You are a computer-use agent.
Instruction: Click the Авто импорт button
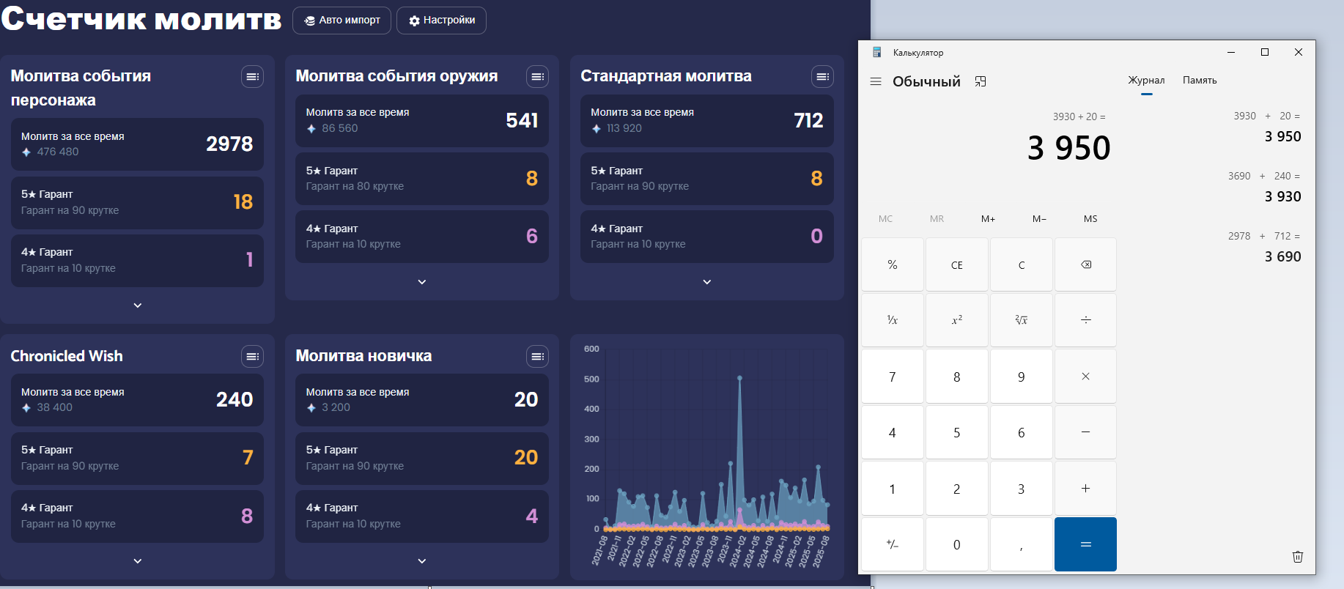pos(341,21)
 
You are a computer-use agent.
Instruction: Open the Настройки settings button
pos(441,21)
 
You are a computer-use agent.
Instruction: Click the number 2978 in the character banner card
pos(229,144)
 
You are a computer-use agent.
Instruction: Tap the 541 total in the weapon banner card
pos(522,120)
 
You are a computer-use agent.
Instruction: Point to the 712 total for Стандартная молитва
pos(808,120)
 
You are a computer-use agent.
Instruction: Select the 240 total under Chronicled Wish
pos(235,400)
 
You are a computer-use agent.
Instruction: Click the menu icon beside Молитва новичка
pos(537,357)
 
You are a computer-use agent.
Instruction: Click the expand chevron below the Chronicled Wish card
pos(138,561)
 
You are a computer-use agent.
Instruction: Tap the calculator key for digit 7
pos(892,377)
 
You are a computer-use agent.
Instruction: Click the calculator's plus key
pos(1085,489)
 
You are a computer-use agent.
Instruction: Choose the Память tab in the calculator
pos(1199,81)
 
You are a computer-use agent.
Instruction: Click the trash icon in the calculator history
pos(1297,557)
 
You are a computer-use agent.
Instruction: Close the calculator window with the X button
pos(1298,52)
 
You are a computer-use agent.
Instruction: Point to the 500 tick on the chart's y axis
pos(591,379)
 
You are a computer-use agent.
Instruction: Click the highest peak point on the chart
pos(739,378)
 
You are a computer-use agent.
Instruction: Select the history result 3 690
pos(1282,257)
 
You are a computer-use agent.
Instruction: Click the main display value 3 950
pos(1068,148)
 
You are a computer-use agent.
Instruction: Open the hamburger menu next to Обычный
pos(876,81)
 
